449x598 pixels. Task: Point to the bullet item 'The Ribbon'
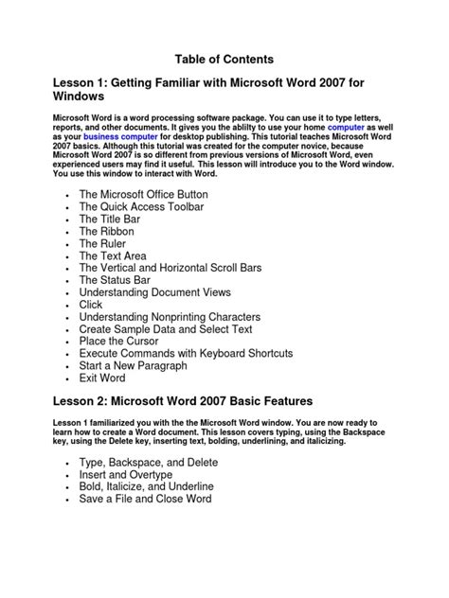tap(106, 231)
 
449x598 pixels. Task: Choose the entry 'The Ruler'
tap(103, 243)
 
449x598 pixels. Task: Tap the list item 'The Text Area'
tap(113, 255)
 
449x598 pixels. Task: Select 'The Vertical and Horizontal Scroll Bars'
tap(171, 268)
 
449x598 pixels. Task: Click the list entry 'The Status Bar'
tap(114, 280)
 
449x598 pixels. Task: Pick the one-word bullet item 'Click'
tap(91, 305)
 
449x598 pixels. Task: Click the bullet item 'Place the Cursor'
tap(119, 342)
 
